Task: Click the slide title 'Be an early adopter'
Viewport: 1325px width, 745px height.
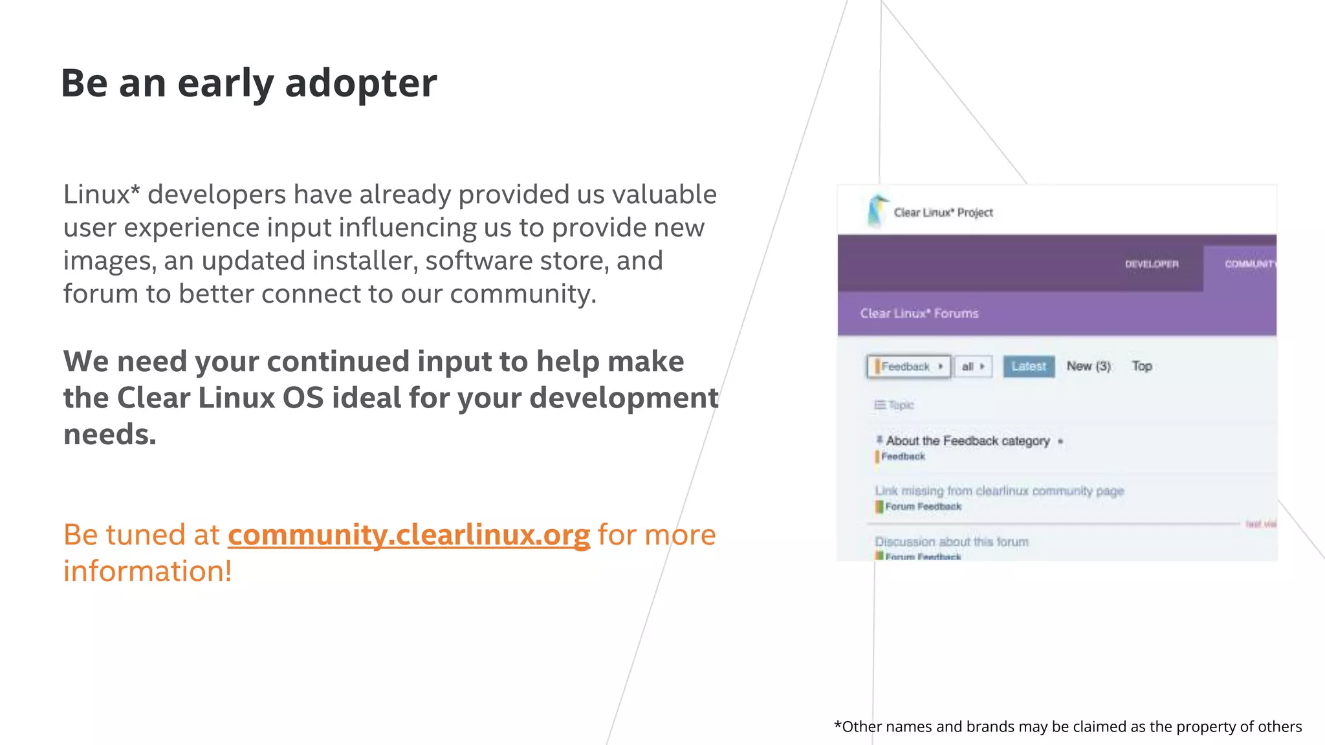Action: (x=249, y=83)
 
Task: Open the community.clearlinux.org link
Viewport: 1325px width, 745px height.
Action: (x=409, y=535)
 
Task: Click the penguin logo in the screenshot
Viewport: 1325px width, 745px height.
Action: (x=877, y=211)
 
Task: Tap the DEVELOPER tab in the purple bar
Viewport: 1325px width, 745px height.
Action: (x=1152, y=264)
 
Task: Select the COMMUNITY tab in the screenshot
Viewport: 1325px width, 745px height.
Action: (x=1249, y=264)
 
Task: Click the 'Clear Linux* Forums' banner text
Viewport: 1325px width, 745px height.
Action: (x=919, y=314)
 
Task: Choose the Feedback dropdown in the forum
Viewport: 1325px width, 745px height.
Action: (x=908, y=367)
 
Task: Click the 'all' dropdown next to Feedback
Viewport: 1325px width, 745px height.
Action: (x=972, y=367)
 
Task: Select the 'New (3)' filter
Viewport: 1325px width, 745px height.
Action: (x=1088, y=366)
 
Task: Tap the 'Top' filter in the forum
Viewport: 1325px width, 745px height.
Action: (x=1142, y=366)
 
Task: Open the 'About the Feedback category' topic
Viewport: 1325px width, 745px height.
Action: (x=967, y=441)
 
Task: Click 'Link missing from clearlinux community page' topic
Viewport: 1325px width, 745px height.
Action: (x=999, y=491)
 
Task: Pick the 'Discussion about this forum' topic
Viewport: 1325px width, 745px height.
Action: (x=951, y=542)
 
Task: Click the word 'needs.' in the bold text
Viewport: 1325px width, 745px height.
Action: (x=110, y=434)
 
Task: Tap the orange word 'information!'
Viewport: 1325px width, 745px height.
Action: (x=148, y=571)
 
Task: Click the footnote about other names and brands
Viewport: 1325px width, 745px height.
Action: (x=1068, y=727)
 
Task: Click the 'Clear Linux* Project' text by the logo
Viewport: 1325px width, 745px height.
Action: (x=943, y=213)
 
